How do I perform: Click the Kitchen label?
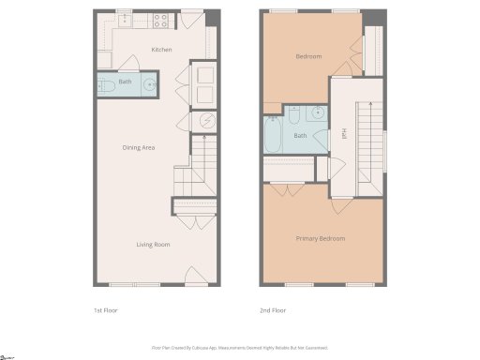[161, 49]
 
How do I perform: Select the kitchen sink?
[127, 18]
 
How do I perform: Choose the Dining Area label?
[138, 147]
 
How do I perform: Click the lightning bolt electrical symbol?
[206, 121]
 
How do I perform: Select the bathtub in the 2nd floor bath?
[274, 135]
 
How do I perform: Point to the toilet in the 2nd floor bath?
[293, 115]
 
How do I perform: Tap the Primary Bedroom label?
[321, 238]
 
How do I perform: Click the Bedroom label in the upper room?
[308, 56]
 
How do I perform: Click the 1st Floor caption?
[105, 309]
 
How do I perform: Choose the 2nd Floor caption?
[272, 309]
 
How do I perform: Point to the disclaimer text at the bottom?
[240, 347]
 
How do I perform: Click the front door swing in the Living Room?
[195, 275]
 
